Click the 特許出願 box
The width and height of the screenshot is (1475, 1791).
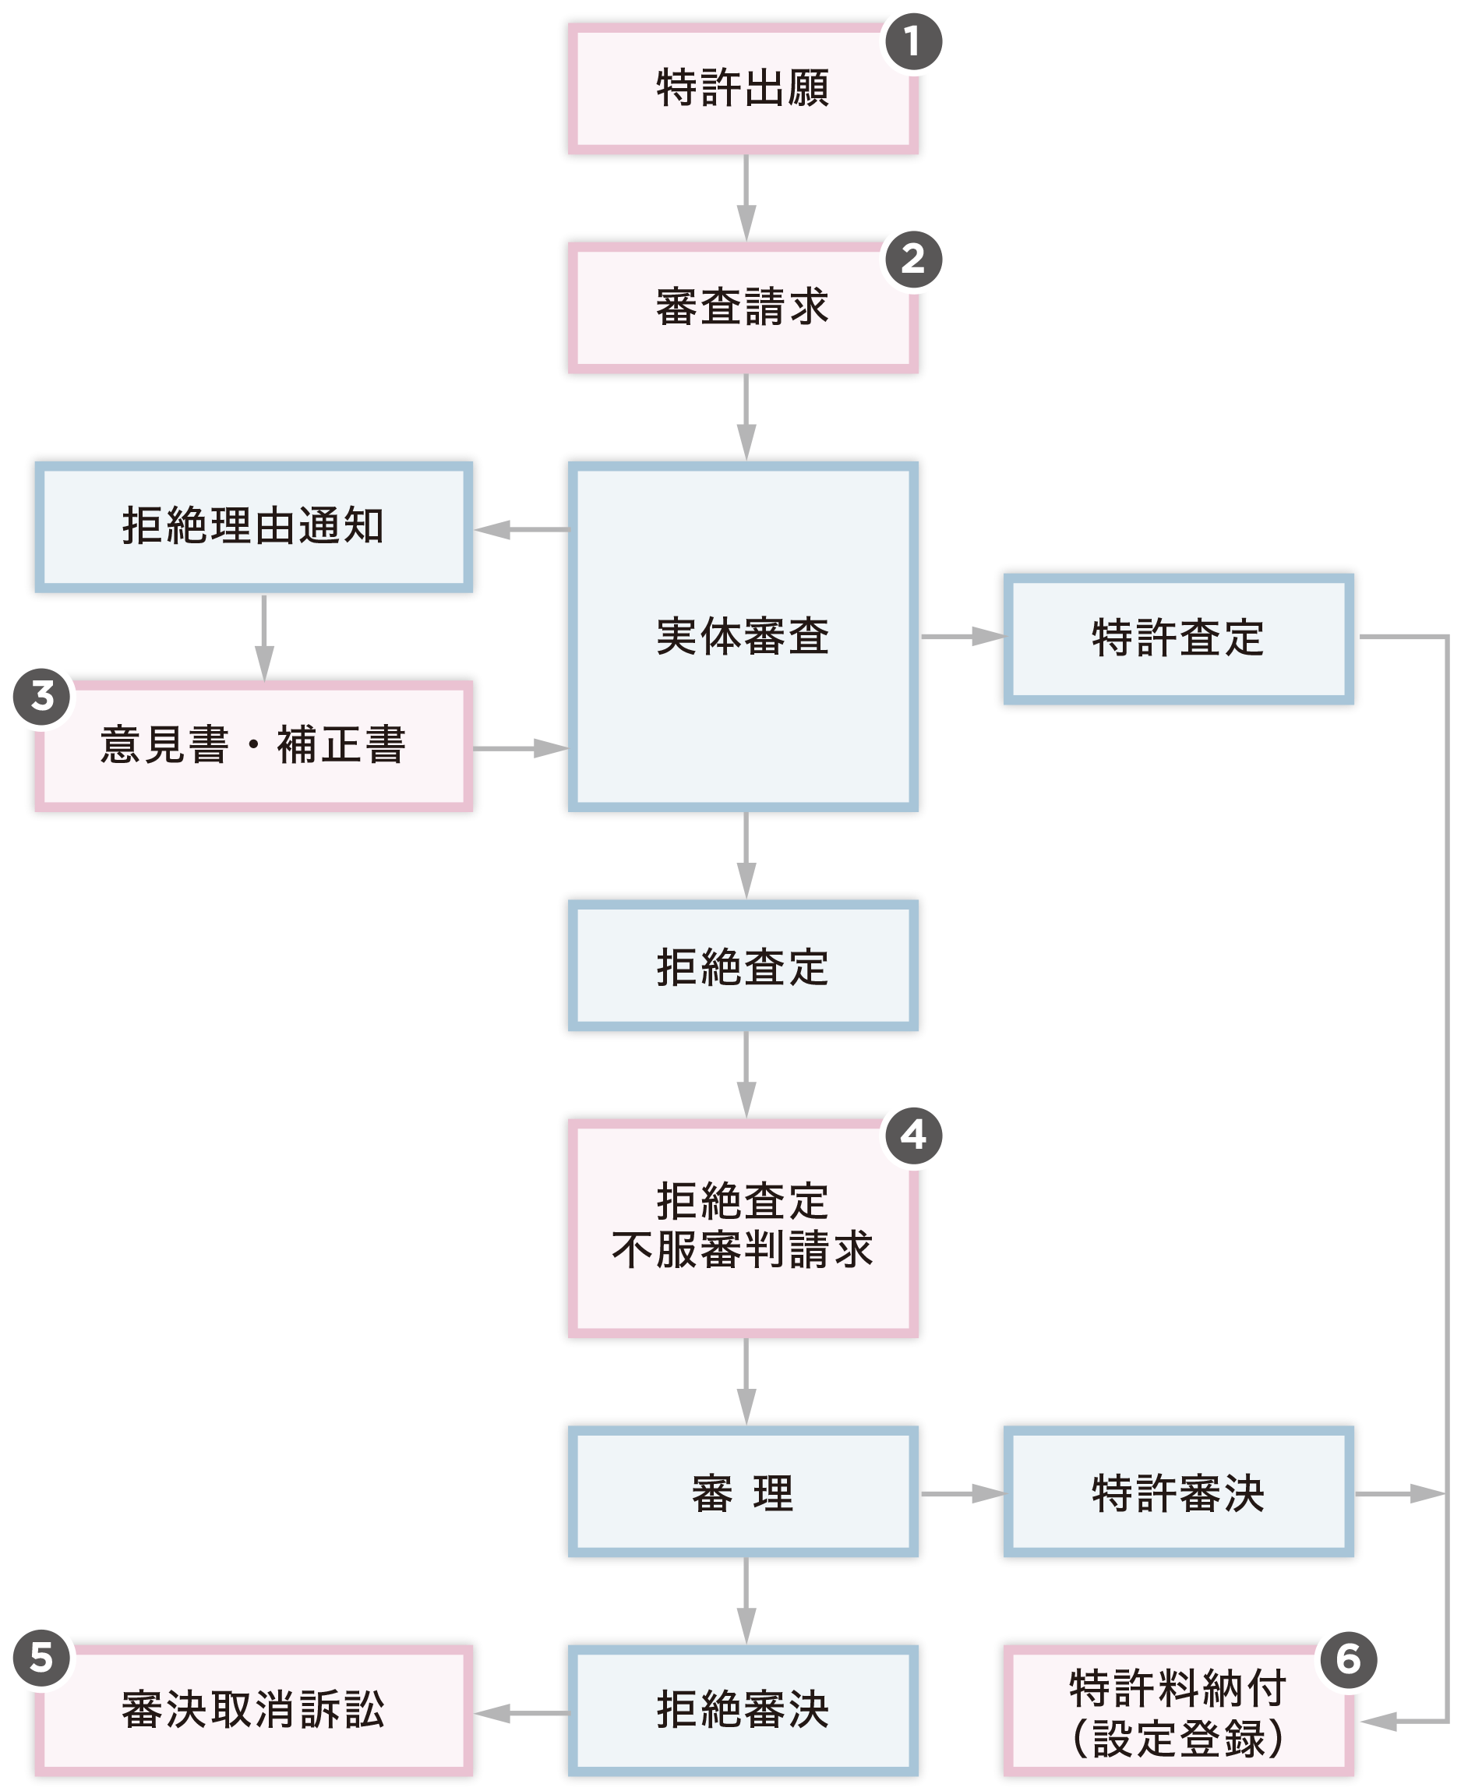click(x=743, y=89)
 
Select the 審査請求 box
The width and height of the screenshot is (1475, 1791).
click(x=743, y=308)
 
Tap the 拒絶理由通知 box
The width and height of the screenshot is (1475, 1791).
click(x=253, y=527)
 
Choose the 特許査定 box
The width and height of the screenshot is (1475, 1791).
click(x=1178, y=638)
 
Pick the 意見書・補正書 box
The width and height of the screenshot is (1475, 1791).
click(x=253, y=745)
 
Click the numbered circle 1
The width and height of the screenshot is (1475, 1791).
click(x=913, y=41)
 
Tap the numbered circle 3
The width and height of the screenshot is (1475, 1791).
click(x=41, y=697)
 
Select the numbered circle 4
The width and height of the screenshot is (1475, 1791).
click(x=913, y=1135)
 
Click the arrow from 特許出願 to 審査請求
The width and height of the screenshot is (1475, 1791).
click(x=746, y=198)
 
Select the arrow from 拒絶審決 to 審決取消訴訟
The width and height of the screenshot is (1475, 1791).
click(x=520, y=1713)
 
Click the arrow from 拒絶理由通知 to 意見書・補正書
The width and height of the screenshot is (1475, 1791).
click(x=264, y=638)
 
